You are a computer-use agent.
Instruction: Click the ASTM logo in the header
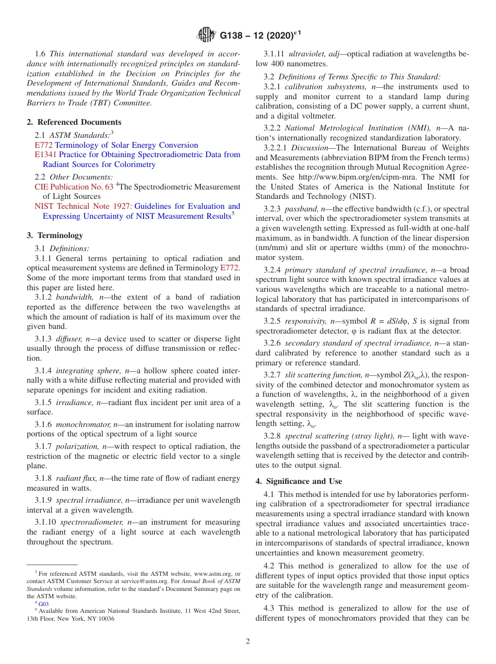(x=206, y=35)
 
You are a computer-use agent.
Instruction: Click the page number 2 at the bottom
(x=248, y=642)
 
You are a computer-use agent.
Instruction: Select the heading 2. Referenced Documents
(x=74, y=122)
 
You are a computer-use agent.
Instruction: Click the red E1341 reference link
(x=46, y=155)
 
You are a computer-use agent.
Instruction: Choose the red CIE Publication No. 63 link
(x=74, y=186)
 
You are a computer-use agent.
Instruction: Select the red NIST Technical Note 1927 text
(x=83, y=206)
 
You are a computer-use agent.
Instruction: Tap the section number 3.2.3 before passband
(x=272, y=208)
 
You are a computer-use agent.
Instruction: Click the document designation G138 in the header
(x=234, y=36)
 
